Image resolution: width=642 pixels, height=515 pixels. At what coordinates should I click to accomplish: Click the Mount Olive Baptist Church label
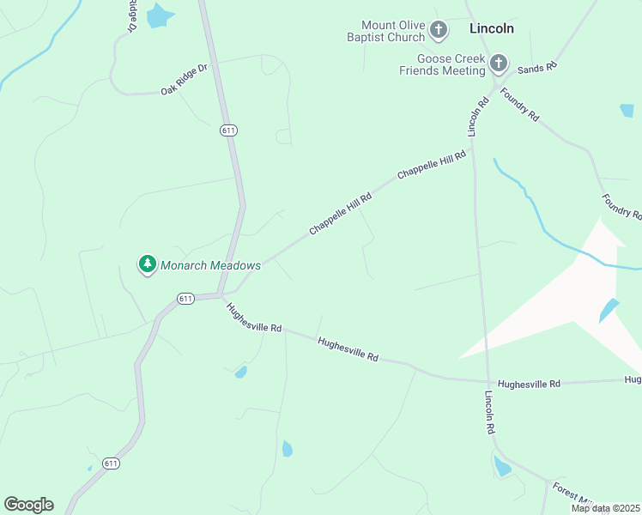click(x=393, y=32)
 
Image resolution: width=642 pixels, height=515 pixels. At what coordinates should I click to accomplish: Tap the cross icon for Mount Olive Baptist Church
click(x=438, y=32)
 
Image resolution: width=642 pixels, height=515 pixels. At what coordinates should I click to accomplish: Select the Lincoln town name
click(x=492, y=28)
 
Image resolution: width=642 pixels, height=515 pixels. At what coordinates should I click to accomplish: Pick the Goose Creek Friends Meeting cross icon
click(x=499, y=63)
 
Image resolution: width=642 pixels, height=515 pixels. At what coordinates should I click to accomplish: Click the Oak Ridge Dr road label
click(x=184, y=79)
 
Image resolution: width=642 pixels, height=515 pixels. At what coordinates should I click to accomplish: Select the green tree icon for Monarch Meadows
click(x=148, y=264)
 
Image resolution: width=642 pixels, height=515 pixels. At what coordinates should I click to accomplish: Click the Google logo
click(x=28, y=505)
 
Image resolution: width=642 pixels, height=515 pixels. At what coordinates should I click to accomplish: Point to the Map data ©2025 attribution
click(x=606, y=508)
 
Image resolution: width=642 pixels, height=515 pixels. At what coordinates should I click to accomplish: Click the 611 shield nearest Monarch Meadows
click(x=185, y=298)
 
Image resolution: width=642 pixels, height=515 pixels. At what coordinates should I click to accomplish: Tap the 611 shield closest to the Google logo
click(x=111, y=463)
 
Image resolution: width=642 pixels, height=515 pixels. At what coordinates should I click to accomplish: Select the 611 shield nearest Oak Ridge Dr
click(x=227, y=130)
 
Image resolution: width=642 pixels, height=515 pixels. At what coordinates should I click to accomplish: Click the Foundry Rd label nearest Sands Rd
click(x=519, y=105)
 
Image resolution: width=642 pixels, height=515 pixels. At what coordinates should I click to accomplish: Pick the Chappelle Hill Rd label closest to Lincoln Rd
click(x=431, y=164)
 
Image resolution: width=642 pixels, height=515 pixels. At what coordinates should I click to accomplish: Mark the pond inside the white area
click(x=608, y=310)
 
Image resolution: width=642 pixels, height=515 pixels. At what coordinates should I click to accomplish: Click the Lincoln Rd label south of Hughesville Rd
click(x=490, y=412)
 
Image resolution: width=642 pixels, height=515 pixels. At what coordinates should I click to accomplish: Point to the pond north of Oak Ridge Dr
click(x=159, y=15)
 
